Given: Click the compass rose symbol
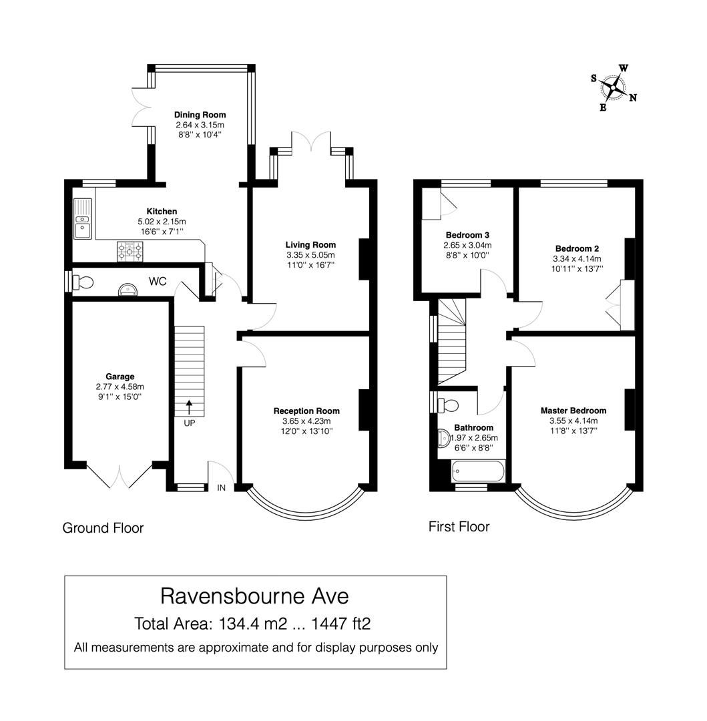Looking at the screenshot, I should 613,87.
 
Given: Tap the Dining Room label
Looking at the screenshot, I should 200,115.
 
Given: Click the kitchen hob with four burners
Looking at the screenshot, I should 130,250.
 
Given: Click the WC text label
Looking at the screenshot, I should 158,282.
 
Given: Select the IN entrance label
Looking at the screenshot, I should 222,488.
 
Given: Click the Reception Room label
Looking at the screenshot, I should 306,411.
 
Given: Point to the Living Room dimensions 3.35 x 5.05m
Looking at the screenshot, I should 310,255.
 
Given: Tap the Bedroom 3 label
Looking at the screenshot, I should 467,235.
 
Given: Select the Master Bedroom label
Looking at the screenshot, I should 573,411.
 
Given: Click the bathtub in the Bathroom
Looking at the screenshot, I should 474,473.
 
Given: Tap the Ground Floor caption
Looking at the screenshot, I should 103,528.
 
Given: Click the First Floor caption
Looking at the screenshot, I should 459,527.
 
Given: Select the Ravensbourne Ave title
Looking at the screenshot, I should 254,595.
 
